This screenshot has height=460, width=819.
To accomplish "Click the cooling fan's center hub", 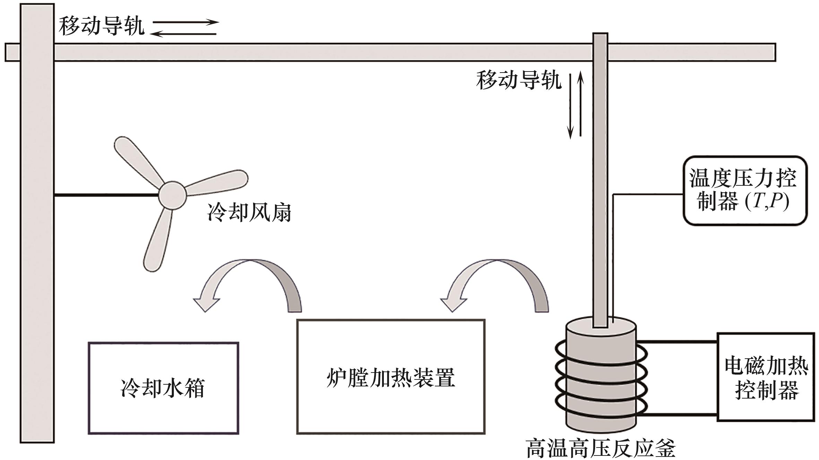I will [172, 195].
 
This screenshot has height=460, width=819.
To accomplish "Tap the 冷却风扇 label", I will [249, 212].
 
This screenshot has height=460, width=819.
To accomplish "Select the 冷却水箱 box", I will [163, 388].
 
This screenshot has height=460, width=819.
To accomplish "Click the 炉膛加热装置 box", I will [390, 376].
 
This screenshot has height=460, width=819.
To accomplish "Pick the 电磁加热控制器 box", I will [766, 377].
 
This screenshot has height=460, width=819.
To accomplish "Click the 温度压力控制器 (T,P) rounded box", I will [745, 191].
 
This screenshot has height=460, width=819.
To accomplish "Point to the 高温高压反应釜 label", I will [601, 449].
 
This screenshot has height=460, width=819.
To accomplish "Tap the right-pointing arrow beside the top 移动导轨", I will [186, 22].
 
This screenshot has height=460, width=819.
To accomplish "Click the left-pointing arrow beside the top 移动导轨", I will [183, 34].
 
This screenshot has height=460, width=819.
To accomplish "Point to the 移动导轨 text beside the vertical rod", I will [518, 81].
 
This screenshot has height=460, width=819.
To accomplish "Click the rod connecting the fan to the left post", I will [106, 196].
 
